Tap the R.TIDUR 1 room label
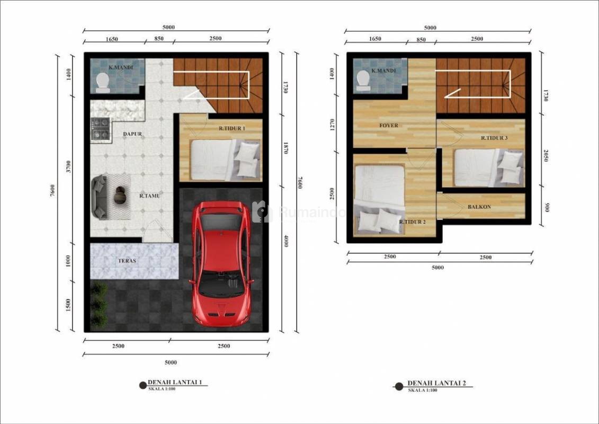232,128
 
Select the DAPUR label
132,134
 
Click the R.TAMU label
150,196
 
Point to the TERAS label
127,261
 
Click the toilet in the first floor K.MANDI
102,83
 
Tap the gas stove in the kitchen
101,129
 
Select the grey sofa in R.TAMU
100,197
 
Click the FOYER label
389,126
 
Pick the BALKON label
479,207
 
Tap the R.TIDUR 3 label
494,138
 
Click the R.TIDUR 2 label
412,222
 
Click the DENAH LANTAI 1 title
175,382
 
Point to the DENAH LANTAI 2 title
436,383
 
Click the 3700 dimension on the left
68,166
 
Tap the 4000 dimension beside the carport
286,241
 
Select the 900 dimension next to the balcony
547,208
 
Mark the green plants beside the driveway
99,305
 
